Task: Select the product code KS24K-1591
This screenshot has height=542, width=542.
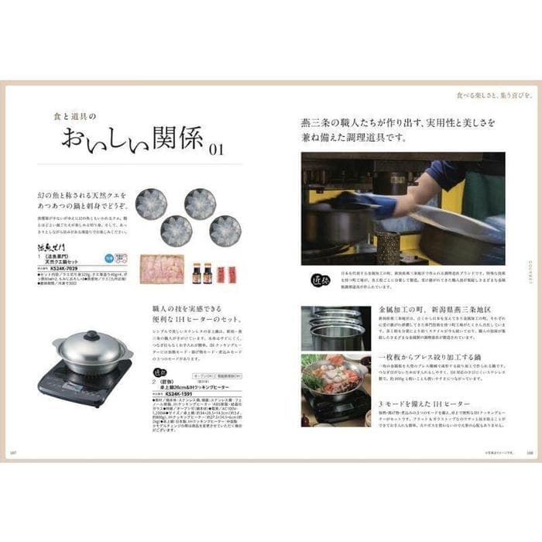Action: (x=170, y=393)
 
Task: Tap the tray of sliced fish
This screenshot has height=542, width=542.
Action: (x=161, y=269)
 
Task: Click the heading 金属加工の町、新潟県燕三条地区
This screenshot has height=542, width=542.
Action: (x=431, y=309)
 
